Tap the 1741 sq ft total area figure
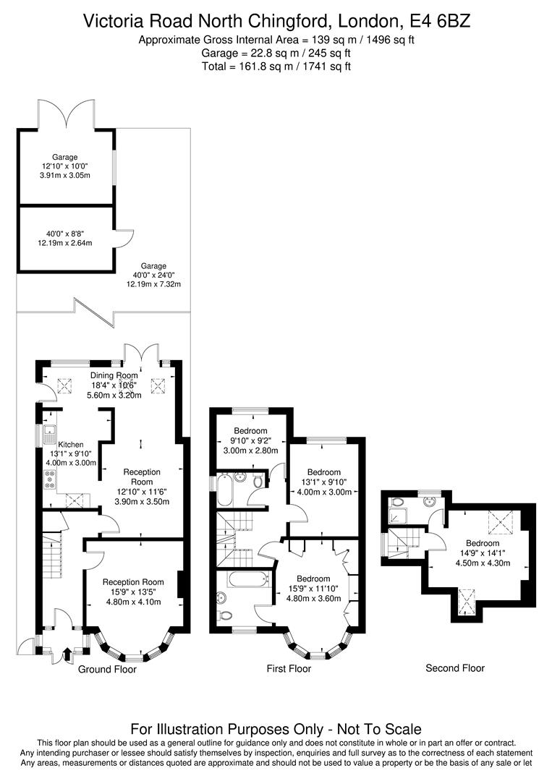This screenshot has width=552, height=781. (x=321, y=67)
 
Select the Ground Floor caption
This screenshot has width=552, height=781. (x=107, y=669)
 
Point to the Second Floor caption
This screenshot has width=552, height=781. (x=455, y=667)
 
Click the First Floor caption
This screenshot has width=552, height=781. (x=289, y=669)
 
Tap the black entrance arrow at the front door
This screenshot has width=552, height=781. (x=68, y=654)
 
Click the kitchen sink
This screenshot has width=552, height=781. (x=49, y=434)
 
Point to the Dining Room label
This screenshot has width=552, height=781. (x=114, y=375)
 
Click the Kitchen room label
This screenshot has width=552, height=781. (x=71, y=445)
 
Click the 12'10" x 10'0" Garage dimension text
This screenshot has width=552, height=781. (x=64, y=166)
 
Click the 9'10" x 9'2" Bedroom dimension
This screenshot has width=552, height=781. (x=250, y=440)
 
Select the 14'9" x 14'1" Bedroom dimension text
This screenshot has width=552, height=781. (x=482, y=552)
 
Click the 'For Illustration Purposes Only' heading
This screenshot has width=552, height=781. (x=276, y=729)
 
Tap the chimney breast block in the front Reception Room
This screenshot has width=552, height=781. (x=180, y=585)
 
